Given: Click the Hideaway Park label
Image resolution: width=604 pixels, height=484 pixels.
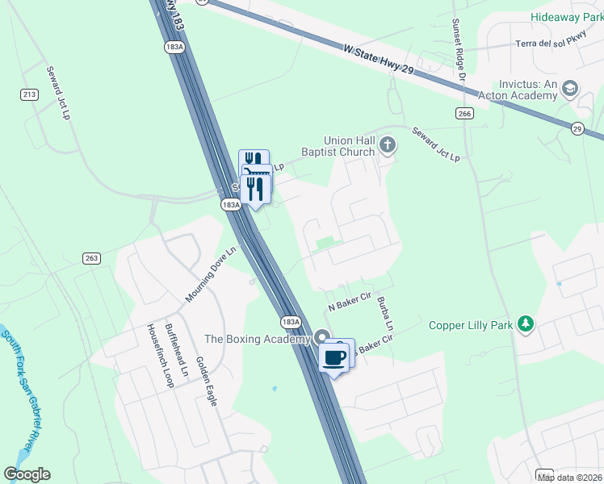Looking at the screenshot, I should pyautogui.click(x=566, y=17).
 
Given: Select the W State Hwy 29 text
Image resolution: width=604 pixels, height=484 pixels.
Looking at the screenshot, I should pyautogui.click(x=378, y=61).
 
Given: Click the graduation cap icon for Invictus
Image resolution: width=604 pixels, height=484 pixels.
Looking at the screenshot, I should pyautogui.click(x=570, y=89).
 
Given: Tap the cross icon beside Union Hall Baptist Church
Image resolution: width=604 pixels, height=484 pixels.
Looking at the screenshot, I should pyautogui.click(x=388, y=145).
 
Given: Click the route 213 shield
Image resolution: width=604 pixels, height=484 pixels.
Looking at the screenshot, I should pyautogui.click(x=30, y=95).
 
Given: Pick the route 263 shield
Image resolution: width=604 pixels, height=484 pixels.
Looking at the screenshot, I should pyautogui.click(x=91, y=258).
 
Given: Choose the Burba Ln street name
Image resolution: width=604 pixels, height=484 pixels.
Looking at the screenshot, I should pyautogui.click(x=384, y=315).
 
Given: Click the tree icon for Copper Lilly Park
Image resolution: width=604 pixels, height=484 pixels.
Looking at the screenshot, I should pyautogui.click(x=526, y=324).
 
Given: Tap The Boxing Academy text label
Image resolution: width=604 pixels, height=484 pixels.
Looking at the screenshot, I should pyautogui.click(x=258, y=339).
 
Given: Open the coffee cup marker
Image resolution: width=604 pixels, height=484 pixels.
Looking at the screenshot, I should pyautogui.click(x=334, y=356).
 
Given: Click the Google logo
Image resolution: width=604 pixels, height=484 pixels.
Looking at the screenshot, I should pyautogui.click(x=27, y=474).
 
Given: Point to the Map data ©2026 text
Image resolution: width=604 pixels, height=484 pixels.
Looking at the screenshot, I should pyautogui.click(x=569, y=478).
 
